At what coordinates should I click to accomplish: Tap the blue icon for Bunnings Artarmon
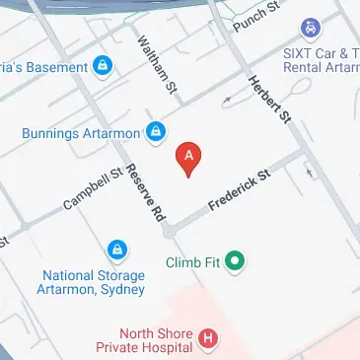156,130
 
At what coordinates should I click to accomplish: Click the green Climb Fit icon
235,262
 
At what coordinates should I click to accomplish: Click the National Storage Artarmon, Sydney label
94,283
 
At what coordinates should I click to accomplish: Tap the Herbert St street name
270,101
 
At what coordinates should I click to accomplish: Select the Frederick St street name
239,193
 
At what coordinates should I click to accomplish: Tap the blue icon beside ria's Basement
101,66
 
